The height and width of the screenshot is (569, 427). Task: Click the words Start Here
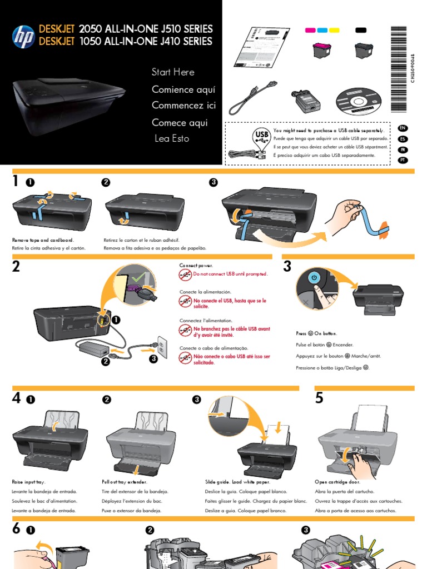tap(173, 72)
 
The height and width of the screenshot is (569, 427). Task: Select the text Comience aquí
tap(183, 89)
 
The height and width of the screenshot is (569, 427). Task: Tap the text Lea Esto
tap(172, 138)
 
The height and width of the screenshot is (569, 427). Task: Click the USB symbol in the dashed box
tap(261, 137)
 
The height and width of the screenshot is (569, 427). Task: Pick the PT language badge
tap(403, 160)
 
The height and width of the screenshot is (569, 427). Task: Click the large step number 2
tap(16, 267)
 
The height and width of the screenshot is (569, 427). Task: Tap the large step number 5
tap(319, 398)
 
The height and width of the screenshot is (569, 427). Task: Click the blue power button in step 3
tap(315, 277)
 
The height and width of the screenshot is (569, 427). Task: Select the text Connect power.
tap(196, 266)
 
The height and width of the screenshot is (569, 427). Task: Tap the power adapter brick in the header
tap(307, 100)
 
